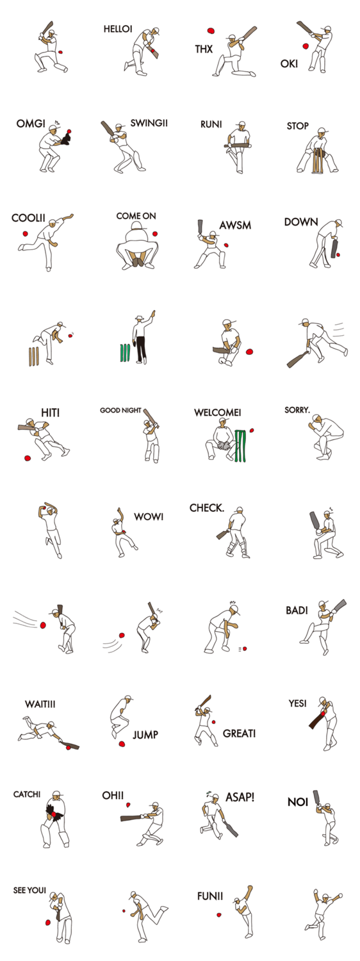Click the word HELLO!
[118, 29]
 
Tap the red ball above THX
[211, 31]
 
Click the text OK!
[289, 64]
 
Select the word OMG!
[31, 124]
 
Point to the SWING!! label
[149, 123]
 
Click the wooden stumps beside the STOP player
[317, 161]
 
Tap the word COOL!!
[28, 218]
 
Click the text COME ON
[136, 216]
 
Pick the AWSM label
[235, 226]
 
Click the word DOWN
[301, 222]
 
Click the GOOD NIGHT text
[120, 410]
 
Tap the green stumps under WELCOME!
[240, 446]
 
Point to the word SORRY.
[297, 410]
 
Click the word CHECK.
[207, 508]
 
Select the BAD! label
[297, 610]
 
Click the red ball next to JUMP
[122, 744]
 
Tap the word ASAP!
[240, 797]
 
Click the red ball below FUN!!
[219, 915]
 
